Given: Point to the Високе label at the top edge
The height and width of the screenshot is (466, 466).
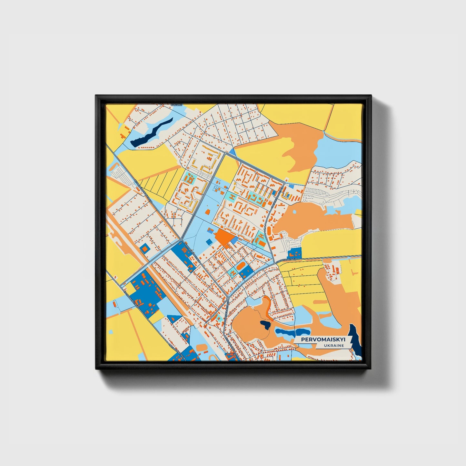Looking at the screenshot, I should click(x=176, y=105).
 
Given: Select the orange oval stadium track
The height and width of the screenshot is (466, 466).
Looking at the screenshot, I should click(x=241, y=267).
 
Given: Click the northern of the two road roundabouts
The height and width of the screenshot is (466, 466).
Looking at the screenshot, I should click(x=181, y=240).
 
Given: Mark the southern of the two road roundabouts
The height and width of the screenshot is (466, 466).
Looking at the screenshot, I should click(x=228, y=298).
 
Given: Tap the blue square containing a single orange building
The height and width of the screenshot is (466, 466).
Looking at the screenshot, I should click(x=145, y=248).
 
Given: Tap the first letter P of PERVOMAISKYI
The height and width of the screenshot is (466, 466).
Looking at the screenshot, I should click(x=303, y=340).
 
